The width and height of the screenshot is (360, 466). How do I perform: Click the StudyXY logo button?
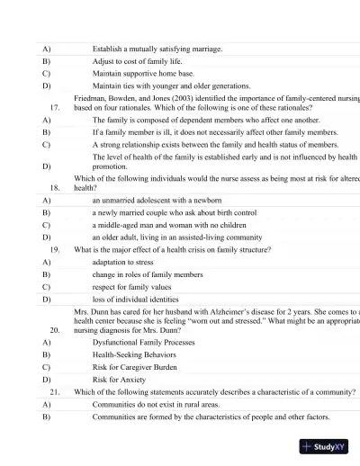(x=323, y=444)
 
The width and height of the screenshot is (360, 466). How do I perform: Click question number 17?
(x=54, y=107)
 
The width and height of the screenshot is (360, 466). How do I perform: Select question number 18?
(x=54, y=188)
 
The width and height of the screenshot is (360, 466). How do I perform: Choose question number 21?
(x=54, y=392)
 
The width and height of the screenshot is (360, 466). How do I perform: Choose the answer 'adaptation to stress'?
(x=127, y=260)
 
